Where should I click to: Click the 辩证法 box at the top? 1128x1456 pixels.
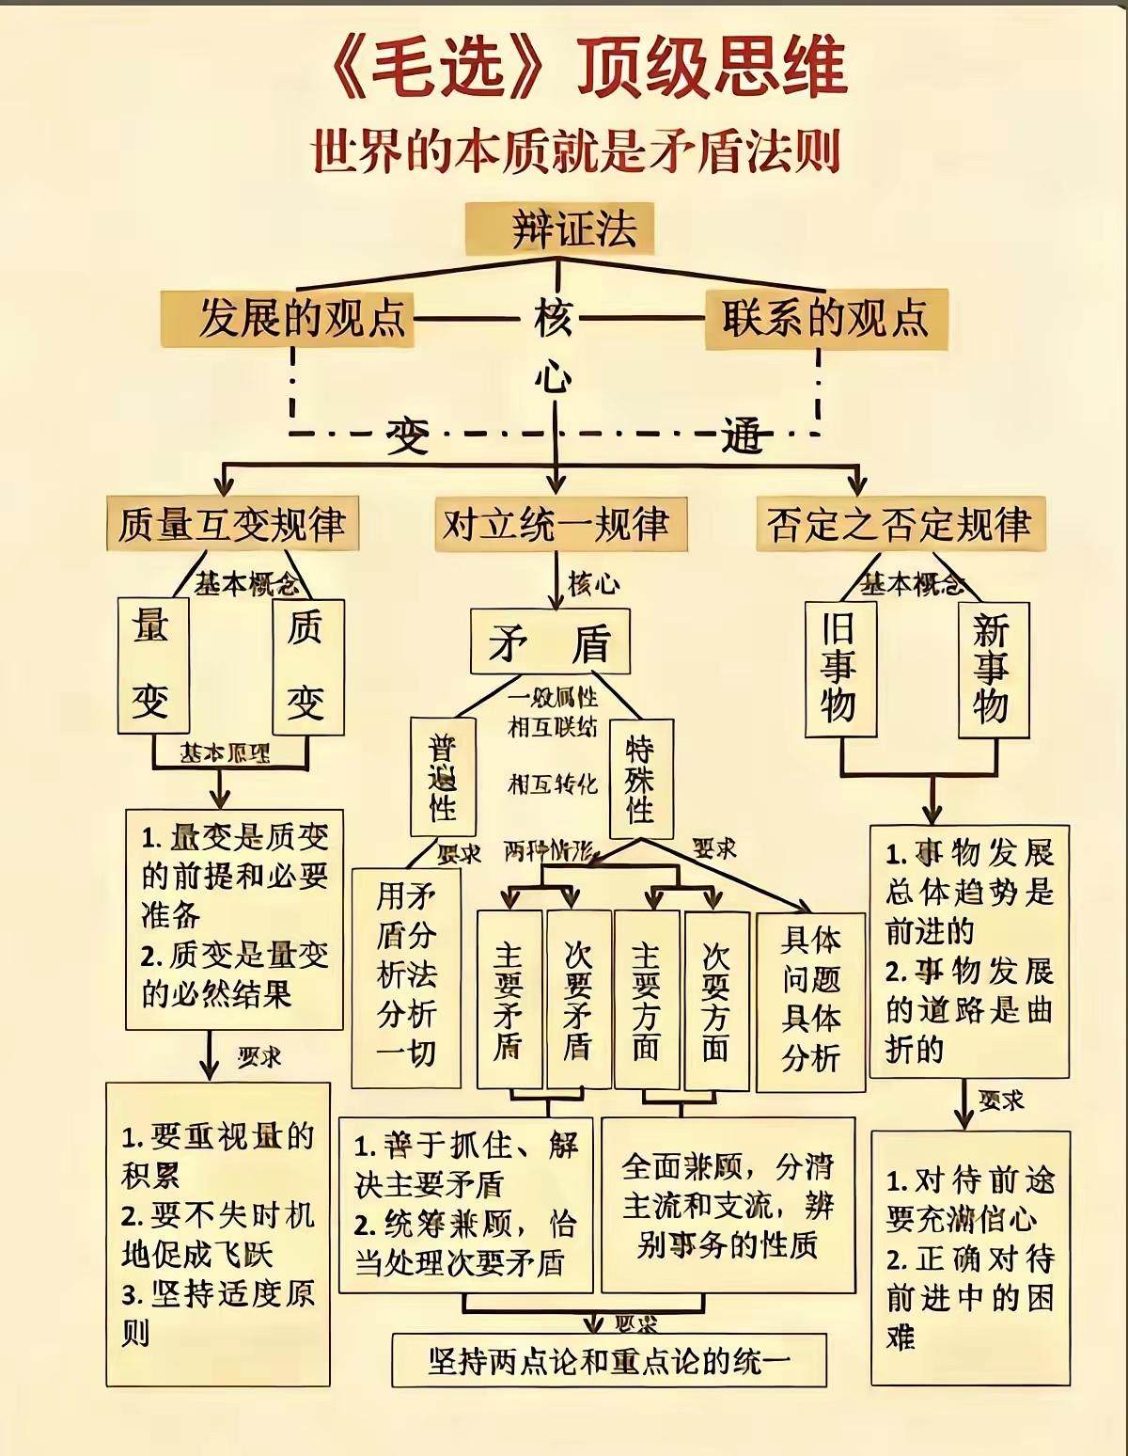(560, 229)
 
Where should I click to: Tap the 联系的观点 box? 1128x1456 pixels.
(826, 318)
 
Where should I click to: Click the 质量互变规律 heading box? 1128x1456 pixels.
(231, 524)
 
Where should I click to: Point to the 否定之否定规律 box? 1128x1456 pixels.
(900, 524)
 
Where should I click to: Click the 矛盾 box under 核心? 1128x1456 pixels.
(549, 641)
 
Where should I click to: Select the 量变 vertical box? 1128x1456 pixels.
(152, 666)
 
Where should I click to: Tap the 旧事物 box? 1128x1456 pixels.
(840, 668)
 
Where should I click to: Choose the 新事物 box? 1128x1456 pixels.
(993, 668)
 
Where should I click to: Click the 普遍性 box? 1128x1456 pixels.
(443, 776)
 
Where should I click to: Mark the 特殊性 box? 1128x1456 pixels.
(640, 778)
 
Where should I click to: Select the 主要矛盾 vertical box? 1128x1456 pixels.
(509, 999)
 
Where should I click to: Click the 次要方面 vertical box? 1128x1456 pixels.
(716, 999)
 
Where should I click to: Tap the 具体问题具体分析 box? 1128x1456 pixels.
(810, 999)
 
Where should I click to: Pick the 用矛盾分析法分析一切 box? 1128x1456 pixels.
(406, 975)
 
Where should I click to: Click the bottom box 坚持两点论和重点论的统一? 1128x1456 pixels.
(608, 1360)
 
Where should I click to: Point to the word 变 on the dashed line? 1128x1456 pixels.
(407, 435)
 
